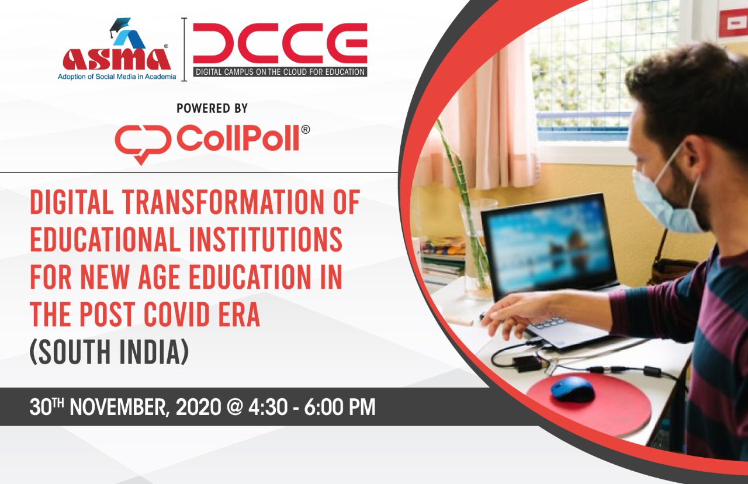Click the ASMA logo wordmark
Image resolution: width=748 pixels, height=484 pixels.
click(x=117, y=58)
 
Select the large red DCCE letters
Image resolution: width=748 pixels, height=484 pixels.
click(x=280, y=43)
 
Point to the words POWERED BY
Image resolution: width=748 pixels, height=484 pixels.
click(x=212, y=108)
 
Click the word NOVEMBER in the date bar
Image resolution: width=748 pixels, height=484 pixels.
click(x=117, y=407)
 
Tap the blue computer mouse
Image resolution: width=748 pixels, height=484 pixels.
click(x=573, y=388)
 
